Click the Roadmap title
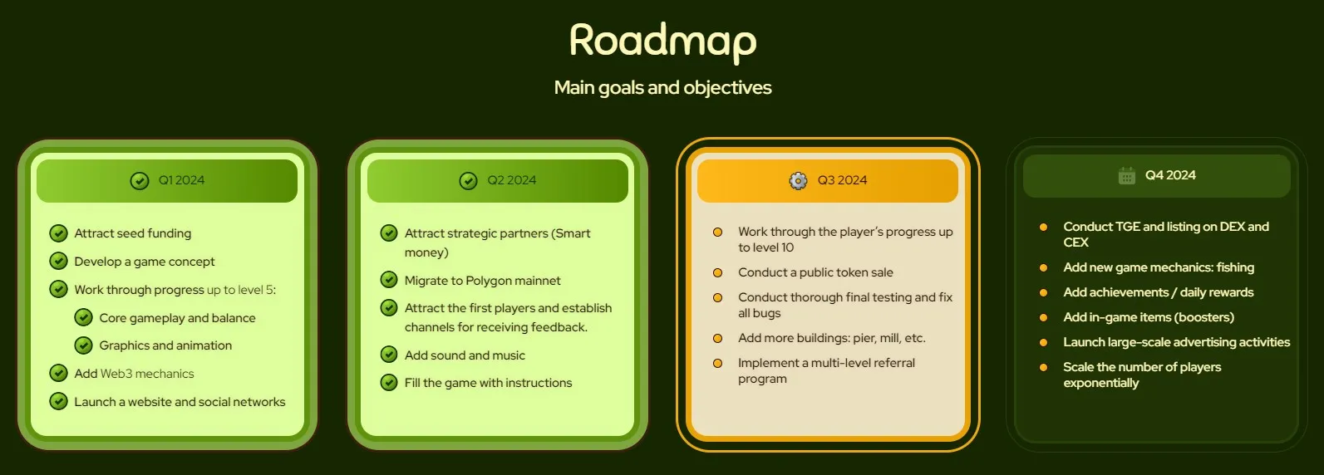tap(662, 41)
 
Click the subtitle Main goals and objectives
tap(662, 87)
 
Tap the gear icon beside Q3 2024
tap(798, 180)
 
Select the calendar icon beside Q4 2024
tap(1126, 175)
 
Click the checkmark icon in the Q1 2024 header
tap(140, 180)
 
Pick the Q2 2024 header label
tap(511, 180)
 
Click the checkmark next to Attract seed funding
tap(58, 233)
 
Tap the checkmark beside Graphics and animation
tap(83, 345)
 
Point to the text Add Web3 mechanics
tap(134, 374)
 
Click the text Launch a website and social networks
tap(180, 402)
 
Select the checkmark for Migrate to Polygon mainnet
tap(389, 279)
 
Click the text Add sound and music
tap(465, 355)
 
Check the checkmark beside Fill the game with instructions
tap(389, 382)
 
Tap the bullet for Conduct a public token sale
tap(717, 273)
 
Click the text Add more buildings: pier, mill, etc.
tap(832, 338)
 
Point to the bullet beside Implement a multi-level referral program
tap(717, 364)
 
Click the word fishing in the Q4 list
tap(1235, 267)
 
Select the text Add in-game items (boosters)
tap(1149, 317)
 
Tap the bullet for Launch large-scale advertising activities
tap(1043, 343)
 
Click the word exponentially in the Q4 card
tap(1100, 383)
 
